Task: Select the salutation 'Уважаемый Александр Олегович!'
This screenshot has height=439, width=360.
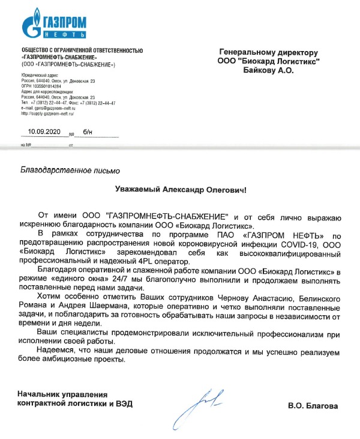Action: tap(181, 189)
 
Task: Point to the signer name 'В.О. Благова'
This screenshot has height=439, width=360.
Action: tap(313, 407)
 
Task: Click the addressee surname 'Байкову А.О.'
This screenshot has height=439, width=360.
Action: tap(268, 70)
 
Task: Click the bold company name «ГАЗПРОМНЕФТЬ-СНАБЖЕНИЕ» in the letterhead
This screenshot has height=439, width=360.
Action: tap(59, 56)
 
